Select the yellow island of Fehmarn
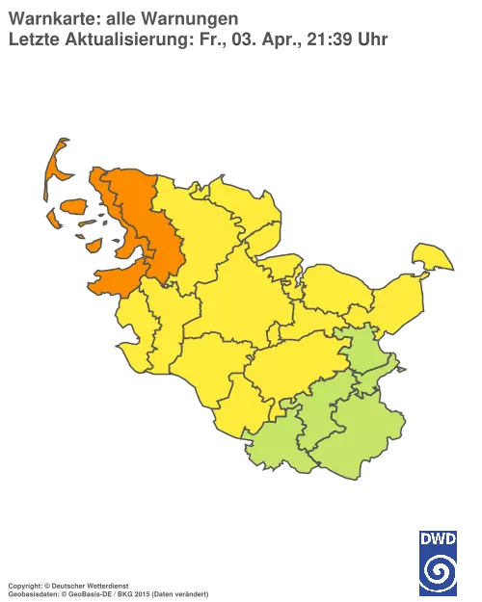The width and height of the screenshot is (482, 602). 433,257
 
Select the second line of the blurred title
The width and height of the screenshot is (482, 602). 193,38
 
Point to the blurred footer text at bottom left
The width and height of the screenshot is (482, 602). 106,585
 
